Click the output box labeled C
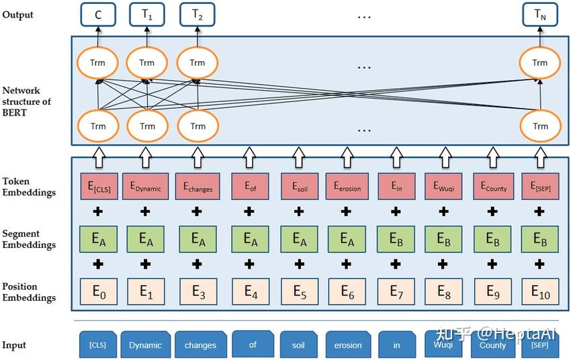click(97, 14)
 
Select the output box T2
click(197, 14)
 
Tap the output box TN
click(540, 14)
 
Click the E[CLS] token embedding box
click(97, 187)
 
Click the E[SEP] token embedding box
click(540, 187)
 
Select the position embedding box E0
click(97, 291)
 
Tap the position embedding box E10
click(540, 291)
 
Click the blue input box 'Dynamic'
click(146, 345)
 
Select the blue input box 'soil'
click(298, 345)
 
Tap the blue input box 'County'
click(492, 345)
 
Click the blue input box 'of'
click(253, 344)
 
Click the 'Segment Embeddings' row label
click(29, 240)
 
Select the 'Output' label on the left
click(17, 15)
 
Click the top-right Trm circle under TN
click(540, 63)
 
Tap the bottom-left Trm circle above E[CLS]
click(97, 126)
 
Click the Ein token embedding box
click(397, 187)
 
